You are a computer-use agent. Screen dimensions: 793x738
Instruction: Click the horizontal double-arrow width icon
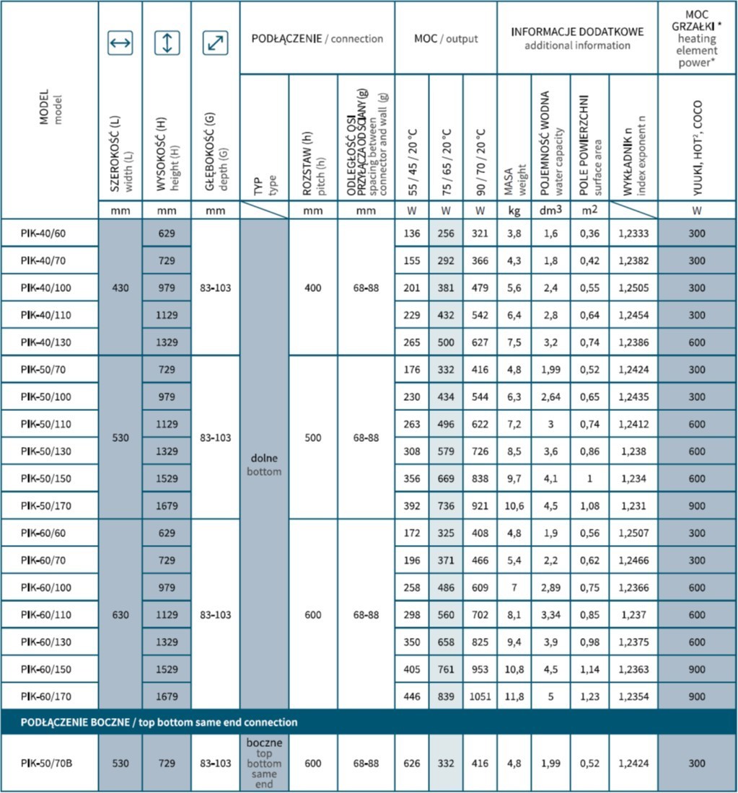120,44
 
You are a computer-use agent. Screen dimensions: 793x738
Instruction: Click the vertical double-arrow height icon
167,43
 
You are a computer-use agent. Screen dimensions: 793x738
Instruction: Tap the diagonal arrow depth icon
215,44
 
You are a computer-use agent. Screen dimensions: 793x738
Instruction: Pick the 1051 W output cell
480,697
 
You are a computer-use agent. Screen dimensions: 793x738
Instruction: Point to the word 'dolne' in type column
264,458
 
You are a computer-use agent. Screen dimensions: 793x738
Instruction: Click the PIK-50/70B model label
47,763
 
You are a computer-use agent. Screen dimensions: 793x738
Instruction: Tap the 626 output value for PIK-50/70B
411,763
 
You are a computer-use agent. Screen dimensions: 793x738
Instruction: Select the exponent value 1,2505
633,288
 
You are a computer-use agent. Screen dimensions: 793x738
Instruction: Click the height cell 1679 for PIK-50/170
167,506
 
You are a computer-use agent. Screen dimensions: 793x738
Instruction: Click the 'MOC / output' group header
445,38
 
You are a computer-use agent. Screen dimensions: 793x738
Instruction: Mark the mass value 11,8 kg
514,697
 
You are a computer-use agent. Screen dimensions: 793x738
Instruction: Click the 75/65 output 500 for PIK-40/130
445,342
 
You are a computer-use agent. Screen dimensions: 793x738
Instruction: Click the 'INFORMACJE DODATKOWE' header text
577,32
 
